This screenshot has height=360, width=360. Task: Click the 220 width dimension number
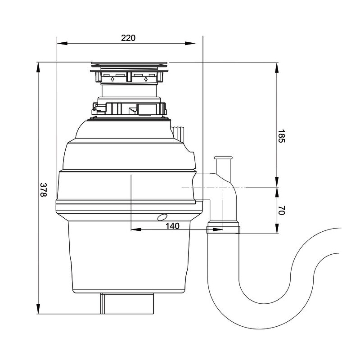[x=128, y=38]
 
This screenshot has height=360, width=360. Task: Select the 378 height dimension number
[x=43, y=189]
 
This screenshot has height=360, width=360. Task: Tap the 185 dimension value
[x=281, y=136]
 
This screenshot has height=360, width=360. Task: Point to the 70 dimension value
[x=281, y=210]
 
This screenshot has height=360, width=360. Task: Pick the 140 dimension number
[x=172, y=226]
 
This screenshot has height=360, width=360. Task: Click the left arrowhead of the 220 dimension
[x=62, y=43]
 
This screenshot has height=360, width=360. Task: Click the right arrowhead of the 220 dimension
[x=190, y=43]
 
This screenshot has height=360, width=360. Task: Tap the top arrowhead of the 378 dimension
[x=38, y=68]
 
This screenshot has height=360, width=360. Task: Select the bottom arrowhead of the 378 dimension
[x=38, y=308]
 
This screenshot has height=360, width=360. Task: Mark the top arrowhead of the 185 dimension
[x=277, y=68]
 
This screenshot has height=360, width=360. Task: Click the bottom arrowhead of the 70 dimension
[x=277, y=229]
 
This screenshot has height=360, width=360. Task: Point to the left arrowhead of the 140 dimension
[x=136, y=229]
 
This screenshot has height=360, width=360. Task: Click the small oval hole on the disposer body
[x=162, y=217]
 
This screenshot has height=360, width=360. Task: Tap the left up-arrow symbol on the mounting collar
[x=112, y=79]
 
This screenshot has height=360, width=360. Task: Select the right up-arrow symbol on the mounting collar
[x=145, y=79]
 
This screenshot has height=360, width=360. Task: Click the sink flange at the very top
[x=128, y=63]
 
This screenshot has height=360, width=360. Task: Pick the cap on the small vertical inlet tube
[x=223, y=158]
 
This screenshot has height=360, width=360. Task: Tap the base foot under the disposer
[x=127, y=303]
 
